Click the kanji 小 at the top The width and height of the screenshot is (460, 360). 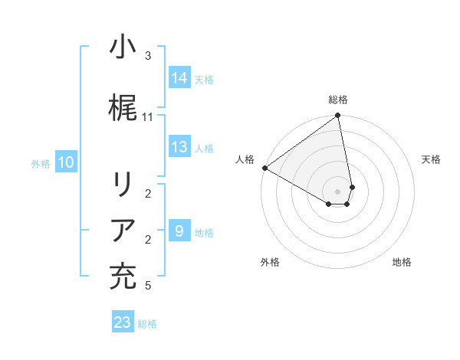coord(123,47)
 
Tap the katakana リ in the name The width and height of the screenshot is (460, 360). coord(123,187)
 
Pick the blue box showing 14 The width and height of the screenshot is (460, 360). coord(179,77)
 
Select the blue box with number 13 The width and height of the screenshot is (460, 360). coord(179,147)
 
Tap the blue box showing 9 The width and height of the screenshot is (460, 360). coord(179,231)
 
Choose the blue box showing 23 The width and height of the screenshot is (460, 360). coord(123,322)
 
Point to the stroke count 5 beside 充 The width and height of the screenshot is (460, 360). coord(147,286)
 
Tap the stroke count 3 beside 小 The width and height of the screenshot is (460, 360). coord(147,56)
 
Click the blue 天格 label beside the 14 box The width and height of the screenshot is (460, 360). coord(204,79)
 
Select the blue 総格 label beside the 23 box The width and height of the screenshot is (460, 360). coord(147,324)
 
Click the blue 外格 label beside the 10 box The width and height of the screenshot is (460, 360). coord(41,163)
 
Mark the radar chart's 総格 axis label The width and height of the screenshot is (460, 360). coord(338,100)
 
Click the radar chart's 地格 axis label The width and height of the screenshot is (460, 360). coord(402,262)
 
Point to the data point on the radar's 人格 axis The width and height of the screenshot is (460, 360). coord(264,168)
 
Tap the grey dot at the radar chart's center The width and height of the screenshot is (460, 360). coord(338,191)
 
